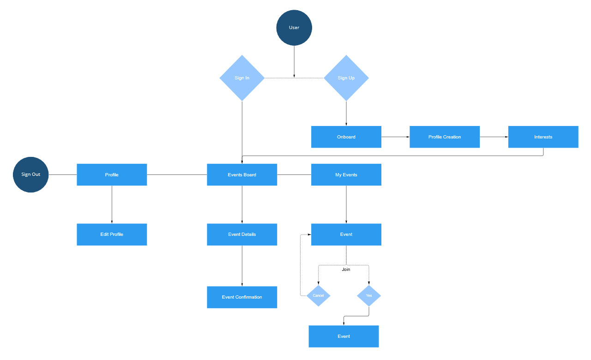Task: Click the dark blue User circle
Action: click(294, 28)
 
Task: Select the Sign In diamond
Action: click(242, 78)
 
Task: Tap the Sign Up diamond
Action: click(346, 78)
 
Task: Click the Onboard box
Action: click(346, 137)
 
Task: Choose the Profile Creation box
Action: click(445, 137)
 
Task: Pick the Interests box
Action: click(543, 137)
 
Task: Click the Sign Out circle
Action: click(30, 174)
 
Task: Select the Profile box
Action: click(112, 174)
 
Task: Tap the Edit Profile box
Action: click(112, 234)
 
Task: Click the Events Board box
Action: click(242, 174)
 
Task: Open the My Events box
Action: click(346, 174)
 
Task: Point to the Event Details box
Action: click(242, 234)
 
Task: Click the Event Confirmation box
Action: click(242, 297)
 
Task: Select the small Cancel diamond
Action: click(319, 295)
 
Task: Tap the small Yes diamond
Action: click(369, 295)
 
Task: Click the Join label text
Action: click(346, 270)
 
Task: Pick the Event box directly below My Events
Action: click(346, 234)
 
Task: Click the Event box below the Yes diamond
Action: click(344, 336)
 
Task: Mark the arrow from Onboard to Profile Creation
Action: click(396, 137)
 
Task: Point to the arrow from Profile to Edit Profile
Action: click(112, 204)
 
